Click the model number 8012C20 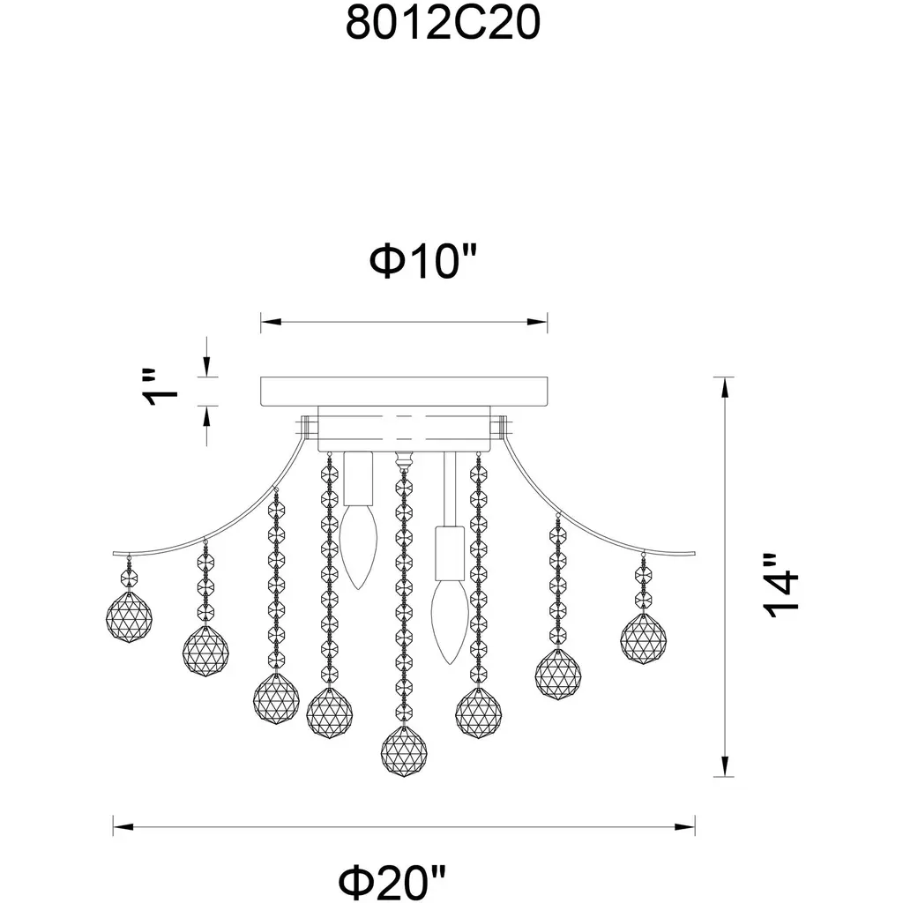click(x=443, y=23)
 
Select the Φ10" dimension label click(x=423, y=261)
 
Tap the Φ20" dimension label click(x=392, y=882)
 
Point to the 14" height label click(x=781, y=586)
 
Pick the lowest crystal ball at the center click(x=404, y=750)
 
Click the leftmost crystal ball click(x=129, y=616)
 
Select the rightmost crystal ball click(x=643, y=638)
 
